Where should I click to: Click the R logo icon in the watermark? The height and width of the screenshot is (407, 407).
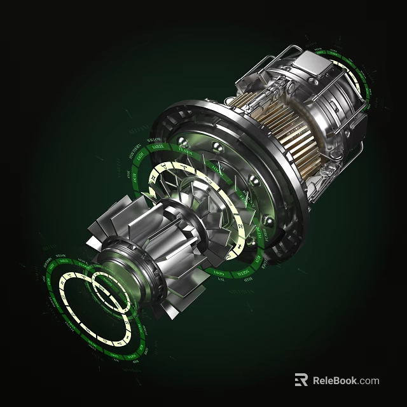[301, 380]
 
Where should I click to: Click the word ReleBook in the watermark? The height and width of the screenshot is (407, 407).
[335, 380]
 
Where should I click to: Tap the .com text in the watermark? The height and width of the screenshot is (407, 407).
[369, 380]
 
